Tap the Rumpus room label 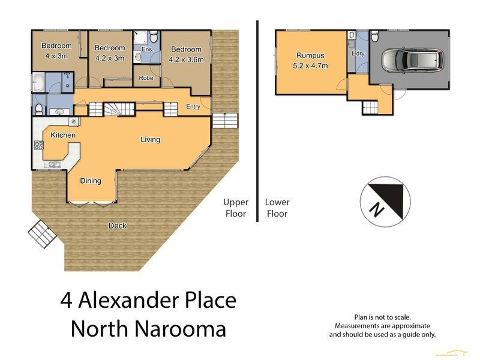(x=308, y=55)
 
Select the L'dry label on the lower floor (x=358, y=55)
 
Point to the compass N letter (x=376, y=210)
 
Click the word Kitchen (x=63, y=135)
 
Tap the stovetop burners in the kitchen (x=38, y=145)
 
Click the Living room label (x=150, y=140)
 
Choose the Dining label (x=91, y=181)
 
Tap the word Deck (x=117, y=226)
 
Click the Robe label (x=145, y=78)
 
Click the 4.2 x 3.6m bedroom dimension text (x=187, y=59)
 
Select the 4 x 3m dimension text (x=56, y=56)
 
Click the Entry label (x=193, y=107)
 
